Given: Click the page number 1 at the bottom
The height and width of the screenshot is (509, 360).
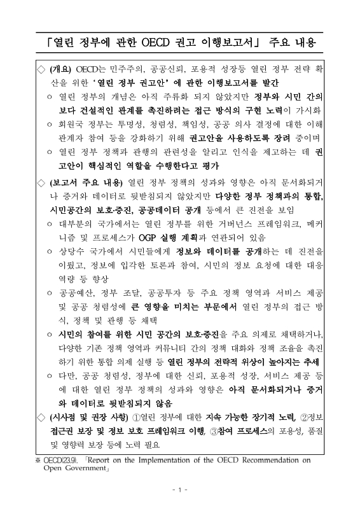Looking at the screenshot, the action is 180,490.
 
